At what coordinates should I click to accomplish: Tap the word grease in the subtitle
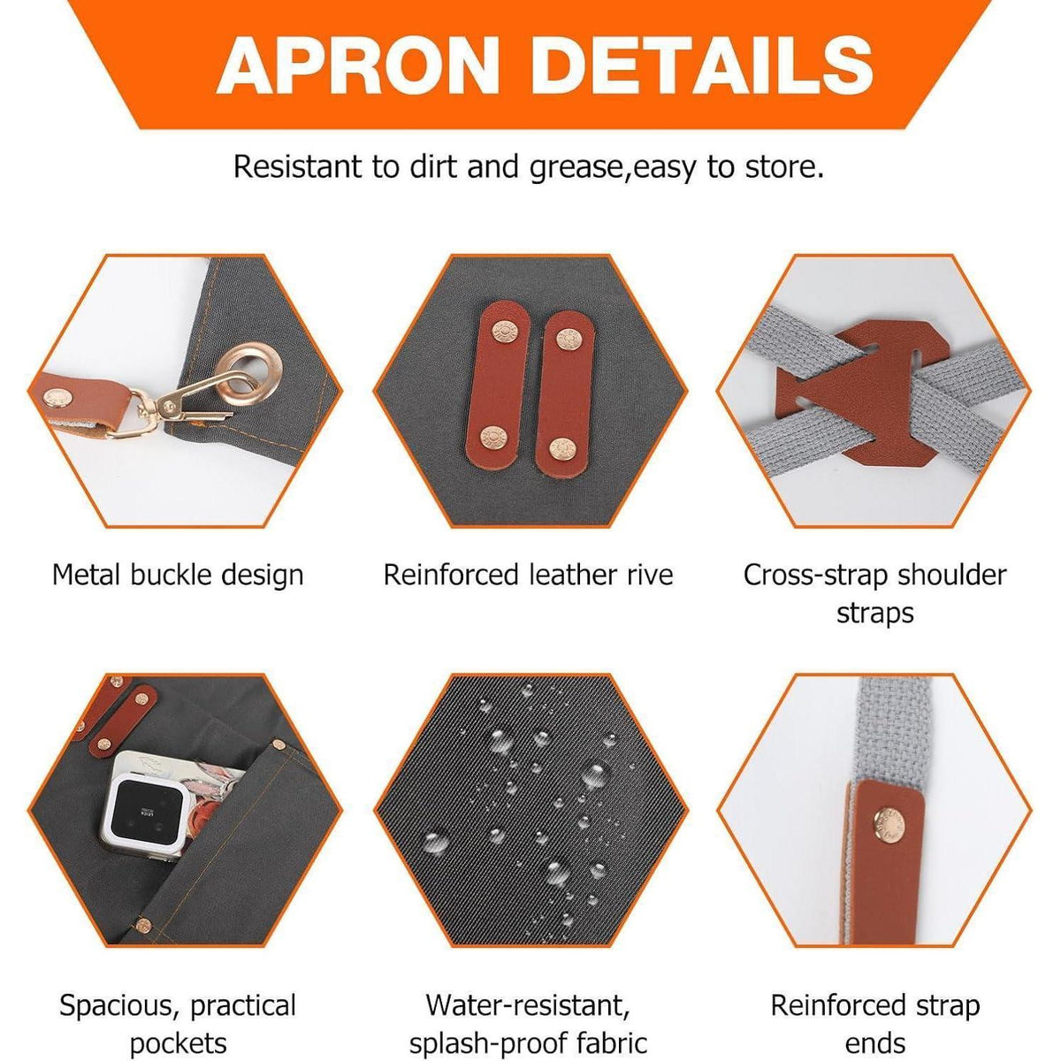click(x=577, y=167)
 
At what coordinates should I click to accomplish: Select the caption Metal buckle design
click(x=178, y=576)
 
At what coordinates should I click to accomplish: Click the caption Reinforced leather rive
click(x=528, y=576)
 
